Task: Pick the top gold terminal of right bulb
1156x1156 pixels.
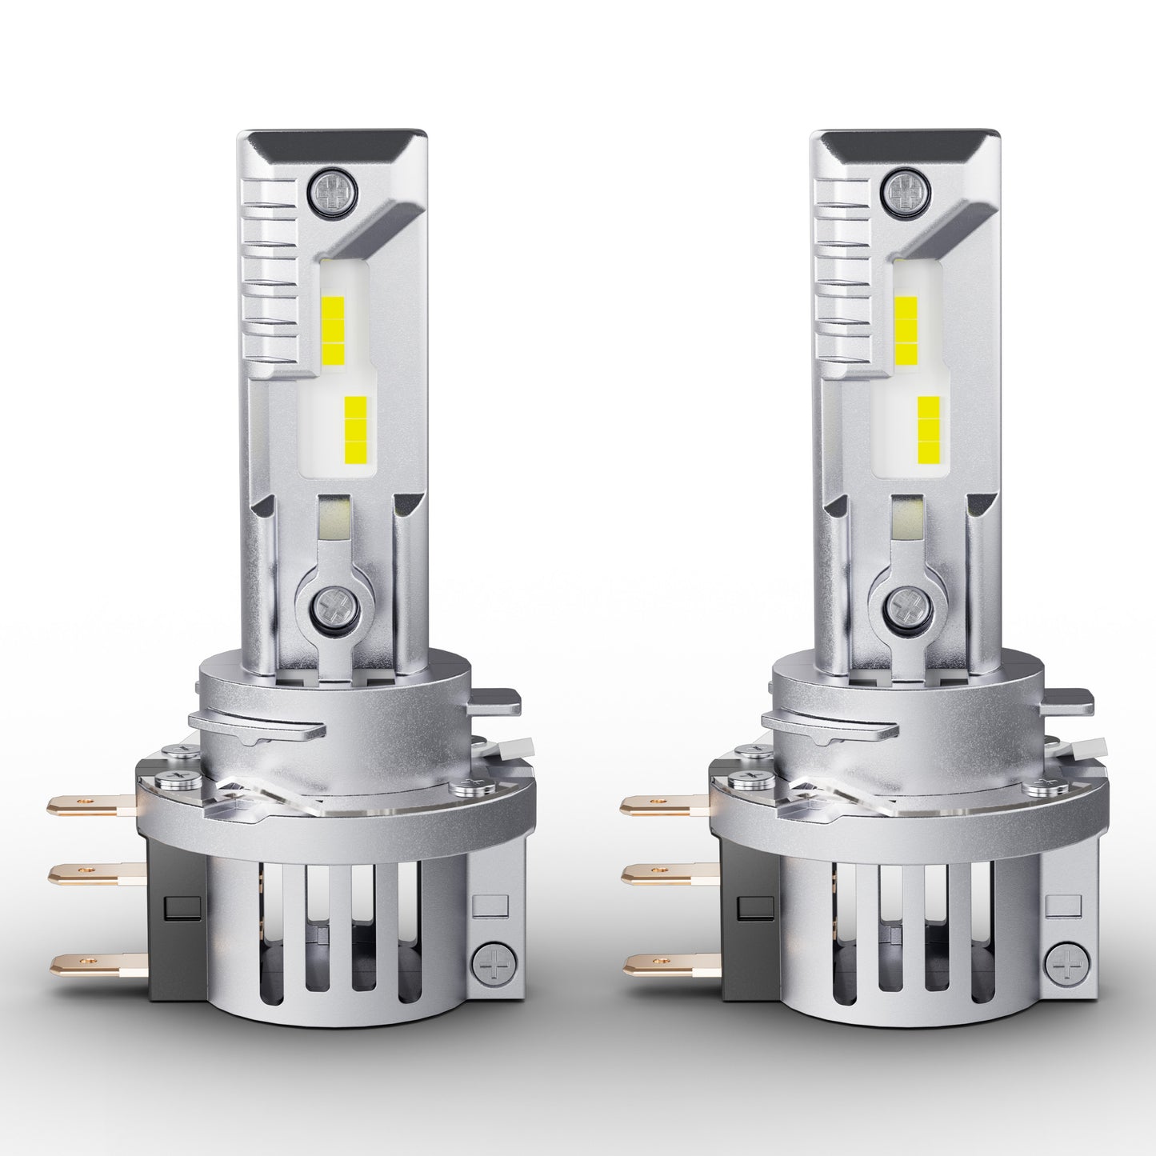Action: pos(660,804)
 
